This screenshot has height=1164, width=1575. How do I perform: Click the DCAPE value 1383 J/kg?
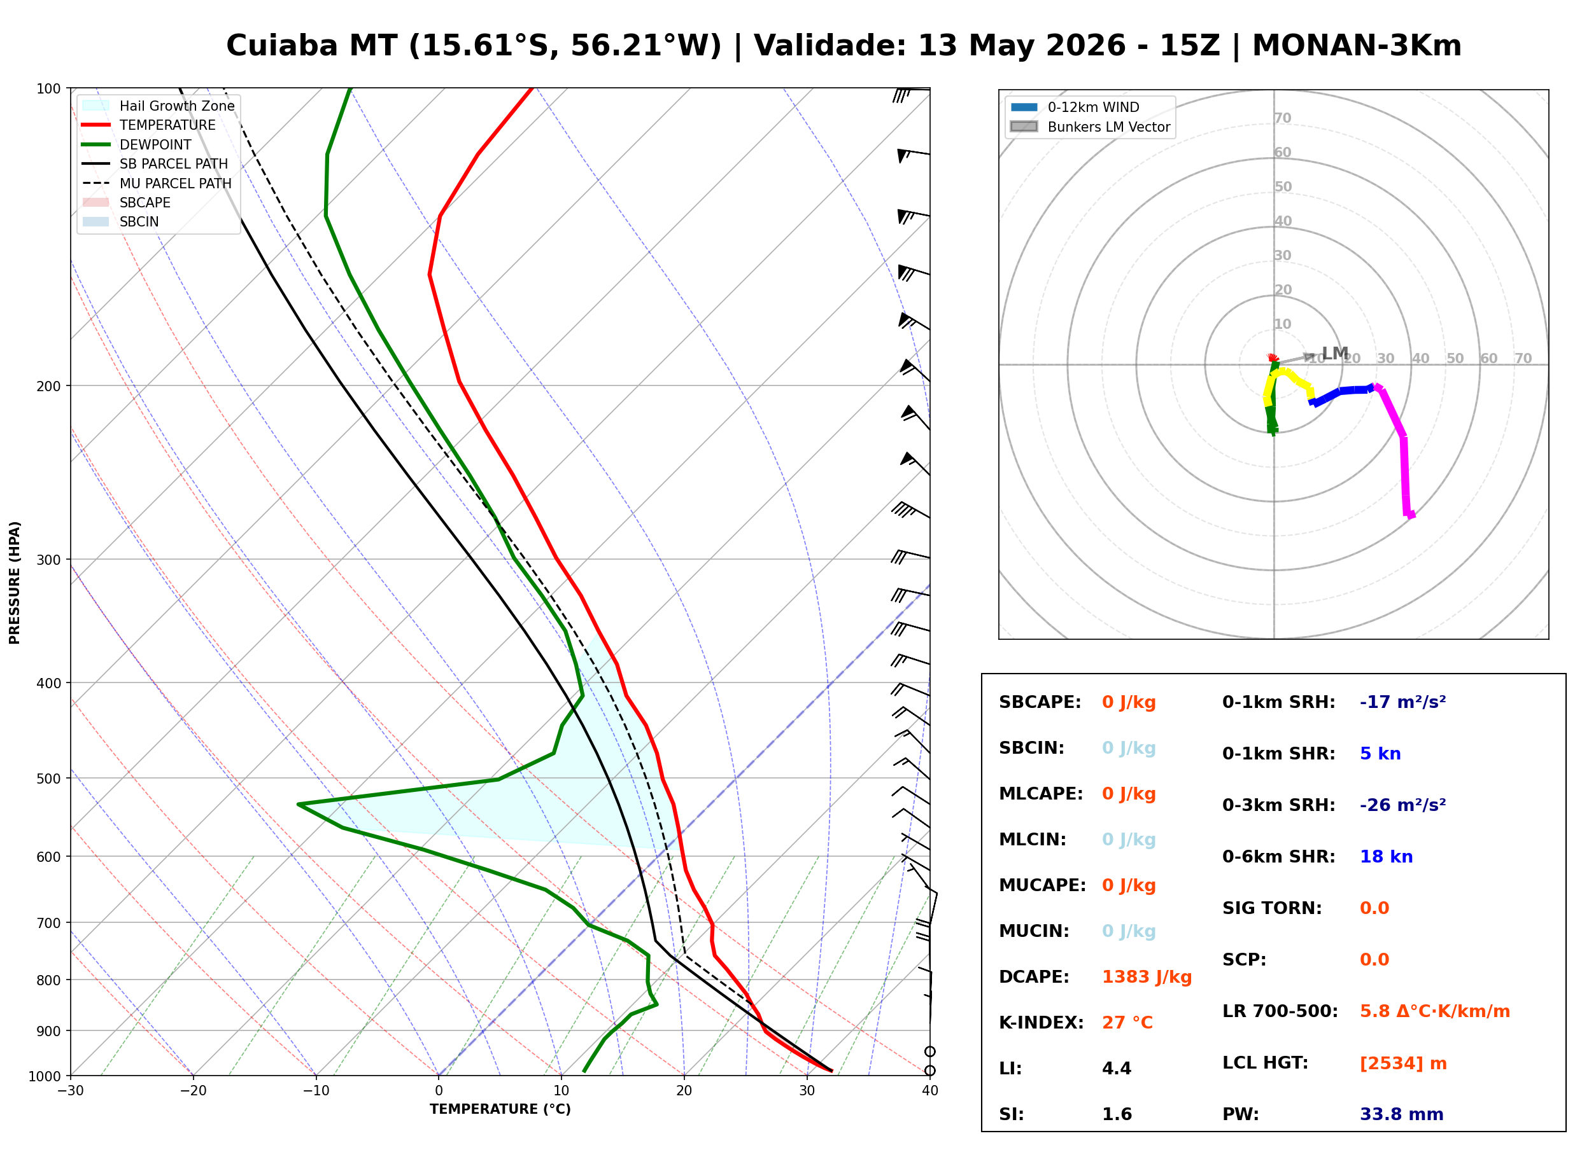click(x=1147, y=977)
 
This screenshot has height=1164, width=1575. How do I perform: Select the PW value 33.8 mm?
click(x=1402, y=1114)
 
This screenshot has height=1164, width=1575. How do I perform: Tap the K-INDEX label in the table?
click(x=1042, y=1023)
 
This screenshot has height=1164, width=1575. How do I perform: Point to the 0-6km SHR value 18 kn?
click(x=1386, y=857)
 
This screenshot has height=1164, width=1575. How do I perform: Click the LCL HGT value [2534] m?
click(x=1403, y=1064)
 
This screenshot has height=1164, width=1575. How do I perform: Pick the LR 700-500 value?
click(x=1435, y=1012)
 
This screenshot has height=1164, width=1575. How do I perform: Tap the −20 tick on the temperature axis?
click(x=193, y=1091)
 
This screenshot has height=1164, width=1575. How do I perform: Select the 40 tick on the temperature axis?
click(x=930, y=1091)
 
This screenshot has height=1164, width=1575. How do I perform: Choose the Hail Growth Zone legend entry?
click(x=159, y=106)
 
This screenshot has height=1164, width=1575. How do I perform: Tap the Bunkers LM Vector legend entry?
click(x=1090, y=127)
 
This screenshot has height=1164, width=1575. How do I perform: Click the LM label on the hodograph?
click(x=1334, y=353)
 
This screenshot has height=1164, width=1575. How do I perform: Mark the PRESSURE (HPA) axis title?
click(x=15, y=583)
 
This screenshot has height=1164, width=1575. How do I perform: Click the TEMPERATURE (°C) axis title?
click(x=500, y=1109)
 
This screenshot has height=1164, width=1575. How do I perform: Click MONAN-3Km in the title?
click(x=1357, y=46)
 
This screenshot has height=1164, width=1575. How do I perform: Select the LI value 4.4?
click(x=1117, y=1069)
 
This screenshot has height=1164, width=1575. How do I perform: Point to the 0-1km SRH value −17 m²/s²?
click(x=1403, y=702)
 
